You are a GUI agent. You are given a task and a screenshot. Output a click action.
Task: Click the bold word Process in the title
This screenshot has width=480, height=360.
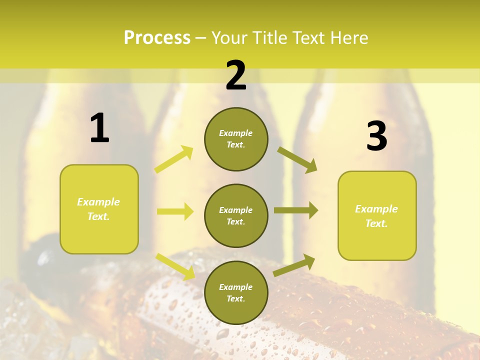pyautogui.click(x=157, y=38)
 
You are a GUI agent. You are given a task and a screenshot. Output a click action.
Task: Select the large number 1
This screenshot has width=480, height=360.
pyautogui.click(x=99, y=128)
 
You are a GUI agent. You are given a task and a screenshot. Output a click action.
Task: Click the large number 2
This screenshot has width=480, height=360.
pyautogui.click(x=236, y=75)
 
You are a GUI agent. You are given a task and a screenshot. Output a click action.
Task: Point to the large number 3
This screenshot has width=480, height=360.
pyautogui.click(x=376, y=136)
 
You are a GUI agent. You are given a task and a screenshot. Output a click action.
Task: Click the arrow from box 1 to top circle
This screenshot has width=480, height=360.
pyautogui.click(x=174, y=159)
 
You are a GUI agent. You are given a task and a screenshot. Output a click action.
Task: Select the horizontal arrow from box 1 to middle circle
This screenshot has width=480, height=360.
pyautogui.click(x=175, y=211)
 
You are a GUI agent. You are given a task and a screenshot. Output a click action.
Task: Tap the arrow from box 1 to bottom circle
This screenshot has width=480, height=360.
pyautogui.click(x=175, y=266)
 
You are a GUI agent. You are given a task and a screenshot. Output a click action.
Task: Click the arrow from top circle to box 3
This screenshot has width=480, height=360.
pyautogui.click(x=297, y=159)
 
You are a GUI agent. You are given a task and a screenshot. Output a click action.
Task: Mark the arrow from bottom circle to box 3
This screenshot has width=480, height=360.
pyautogui.click(x=294, y=265)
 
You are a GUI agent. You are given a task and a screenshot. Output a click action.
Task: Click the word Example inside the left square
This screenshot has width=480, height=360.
pyautogui.click(x=98, y=202)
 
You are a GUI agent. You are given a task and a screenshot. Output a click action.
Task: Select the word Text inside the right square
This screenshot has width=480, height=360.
pyautogui.click(x=375, y=223)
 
